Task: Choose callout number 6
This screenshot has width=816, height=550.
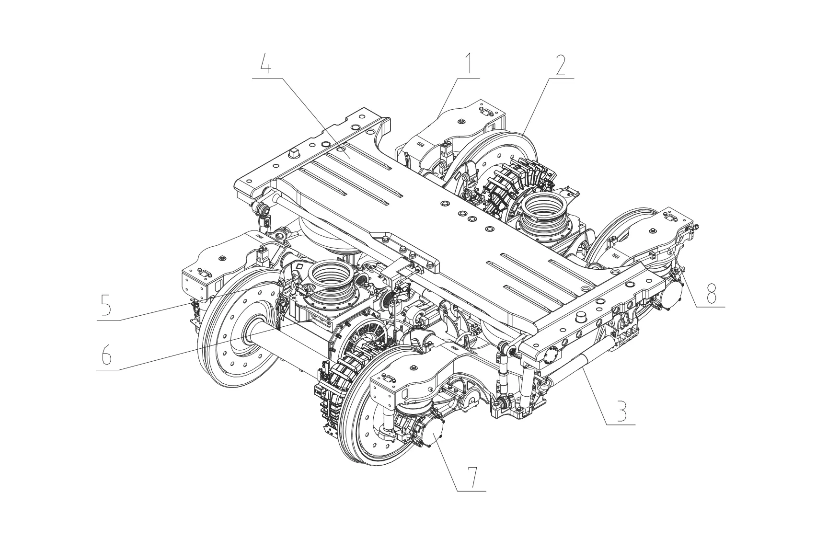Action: pos(106,354)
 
